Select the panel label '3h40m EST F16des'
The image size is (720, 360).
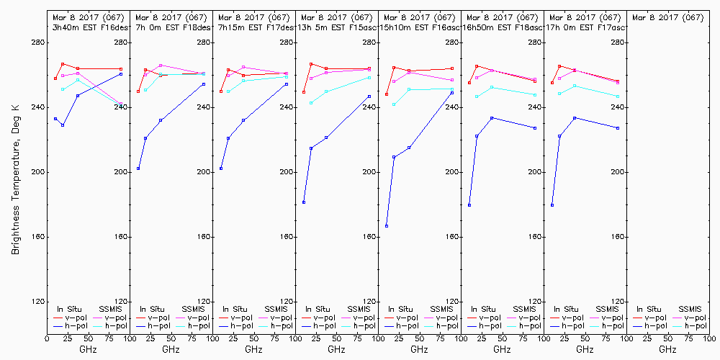pyautogui.click(x=89, y=27)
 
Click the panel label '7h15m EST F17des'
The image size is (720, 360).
pyautogui.click(x=254, y=27)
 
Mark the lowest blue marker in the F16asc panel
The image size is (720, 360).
pyautogui.click(x=387, y=226)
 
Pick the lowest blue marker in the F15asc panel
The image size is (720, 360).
pyautogui.click(x=304, y=202)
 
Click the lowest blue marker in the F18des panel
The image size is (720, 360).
pyautogui.click(x=138, y=168)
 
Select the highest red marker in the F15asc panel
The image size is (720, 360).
pyautogui.click(x=311, y=64)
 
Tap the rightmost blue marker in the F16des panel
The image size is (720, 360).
pyautogui.click(x=121, y=74)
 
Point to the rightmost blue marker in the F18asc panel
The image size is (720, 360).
pyautogui.click(x=535, y=128)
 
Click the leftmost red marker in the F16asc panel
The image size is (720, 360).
pyautogui.click(x=387, y=94)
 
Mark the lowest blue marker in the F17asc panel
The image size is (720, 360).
pyautogui.click(x=552, y=205)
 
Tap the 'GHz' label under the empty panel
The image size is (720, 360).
pyautogui.click(x=667, y=349)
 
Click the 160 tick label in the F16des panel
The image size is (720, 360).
pyautogui.click(x=121, y=237)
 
